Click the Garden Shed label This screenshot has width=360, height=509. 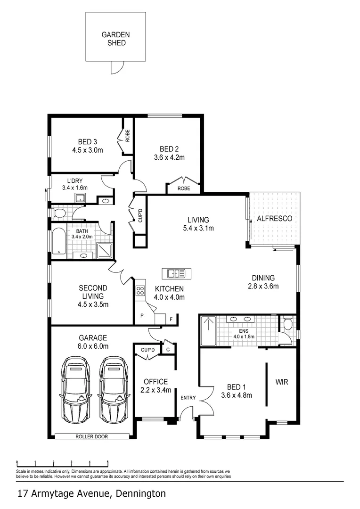pyautogui.click(x=115, y=39)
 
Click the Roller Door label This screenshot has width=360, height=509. pyautogui.click(x=91, y=436)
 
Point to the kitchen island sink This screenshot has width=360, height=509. pyautogui.click(x=175, y=273)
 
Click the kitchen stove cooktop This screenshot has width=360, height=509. pyautogui.click(x=140, y=291)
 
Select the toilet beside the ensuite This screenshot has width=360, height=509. pyautogui.click(x=287, y=324)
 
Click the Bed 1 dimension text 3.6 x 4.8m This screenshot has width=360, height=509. pyautogui.click(x=236, y=395)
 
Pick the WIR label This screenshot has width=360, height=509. pyautogui.click(x=282, y=381)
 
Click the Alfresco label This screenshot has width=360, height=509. pyautogui.click(x=274, y=219)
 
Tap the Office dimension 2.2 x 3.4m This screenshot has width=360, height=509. pyautogui.click(x=155, y=390)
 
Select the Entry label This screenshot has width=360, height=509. pyautogui.click(x=188, y=398)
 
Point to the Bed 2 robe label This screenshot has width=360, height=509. pyautogui.click(x=184, y=188)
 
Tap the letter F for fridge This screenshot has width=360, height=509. pyautogui.click(x=172, y=319)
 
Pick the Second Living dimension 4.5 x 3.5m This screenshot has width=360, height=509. pyautogui.click(x=93, y=304)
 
